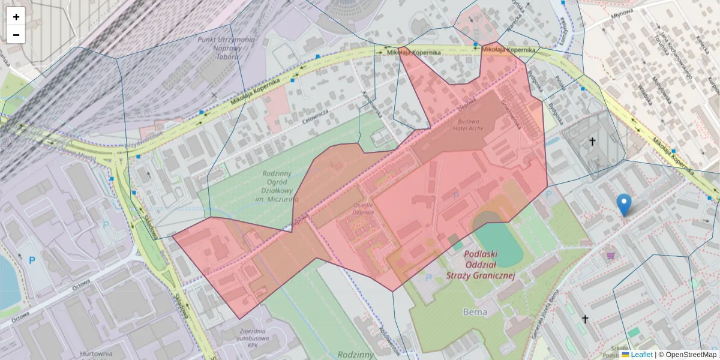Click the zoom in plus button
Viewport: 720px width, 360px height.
pos(16,17)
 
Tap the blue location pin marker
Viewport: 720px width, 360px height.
pos(624,205)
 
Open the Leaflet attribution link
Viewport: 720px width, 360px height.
pos(641,355)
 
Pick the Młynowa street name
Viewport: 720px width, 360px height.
pos(622,15)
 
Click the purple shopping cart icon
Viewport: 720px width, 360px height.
pos(611,255)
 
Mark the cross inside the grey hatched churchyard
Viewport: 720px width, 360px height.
pos(592,142)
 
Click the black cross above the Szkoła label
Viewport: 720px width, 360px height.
pos(585,319)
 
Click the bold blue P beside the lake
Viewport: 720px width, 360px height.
pos(32,260)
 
